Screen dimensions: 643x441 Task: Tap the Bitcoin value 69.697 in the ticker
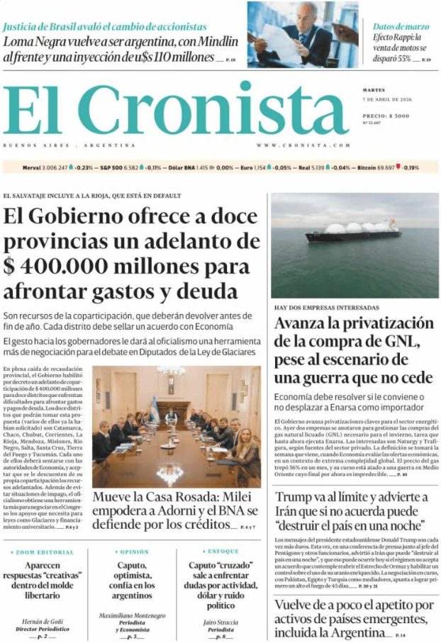tap(385, 167)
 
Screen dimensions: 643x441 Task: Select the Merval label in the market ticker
tap(31, 167)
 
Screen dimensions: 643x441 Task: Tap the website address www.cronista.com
tap(303, 145)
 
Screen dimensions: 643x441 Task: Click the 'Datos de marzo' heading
tap(401, 26)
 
